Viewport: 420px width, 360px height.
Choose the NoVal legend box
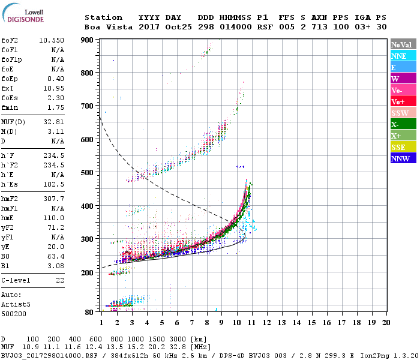401,44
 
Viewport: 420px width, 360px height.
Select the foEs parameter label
10,97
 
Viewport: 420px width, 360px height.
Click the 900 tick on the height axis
87,40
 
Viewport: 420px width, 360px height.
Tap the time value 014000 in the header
235,27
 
